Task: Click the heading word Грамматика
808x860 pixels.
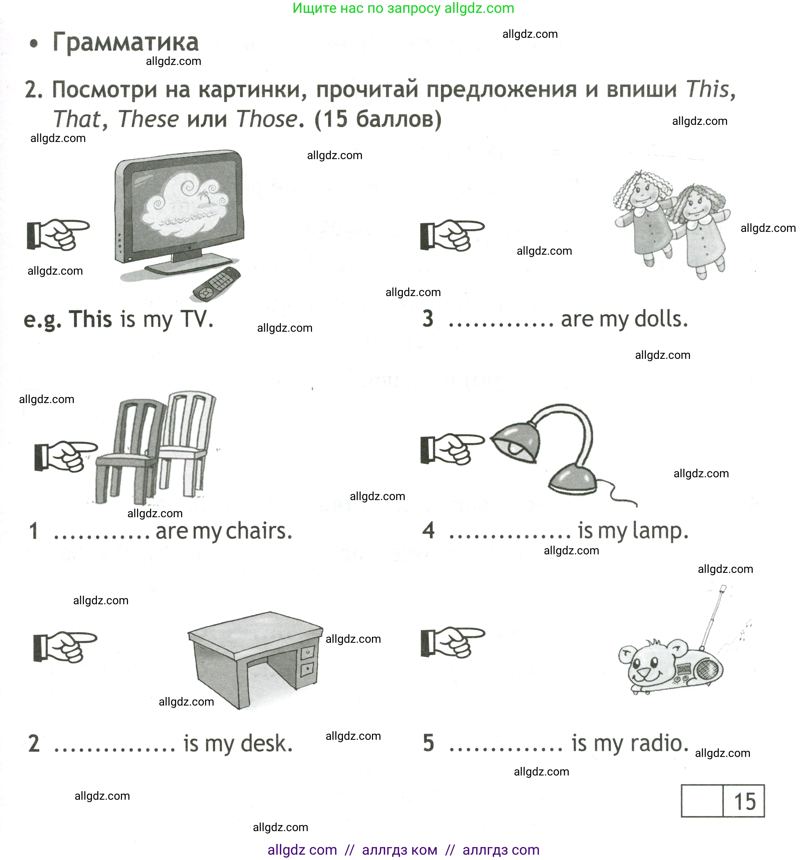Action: [125, 42]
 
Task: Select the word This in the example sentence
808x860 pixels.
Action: [91, 319]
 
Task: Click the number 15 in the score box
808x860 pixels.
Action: [745, 802]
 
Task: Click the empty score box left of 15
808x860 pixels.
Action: [702, 801]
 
